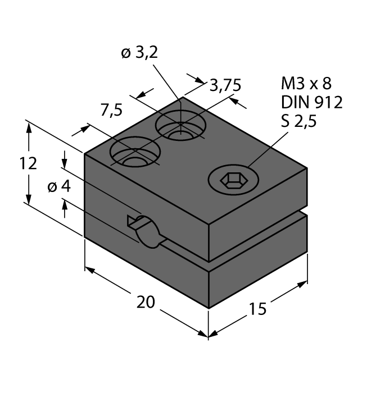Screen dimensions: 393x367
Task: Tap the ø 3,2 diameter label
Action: click(x=139, y=53)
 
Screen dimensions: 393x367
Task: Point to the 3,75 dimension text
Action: click(x=225, y=85)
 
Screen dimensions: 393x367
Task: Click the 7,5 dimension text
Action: click(x=111, y=111)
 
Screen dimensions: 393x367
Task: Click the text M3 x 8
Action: click(x=306, y=84)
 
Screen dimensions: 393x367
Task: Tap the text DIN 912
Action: click(x=311, y=102)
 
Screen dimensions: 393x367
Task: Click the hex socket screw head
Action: click(x=231, y=180)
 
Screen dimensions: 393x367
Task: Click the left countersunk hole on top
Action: click(x=135, y=153)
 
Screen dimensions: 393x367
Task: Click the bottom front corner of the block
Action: click(x=209, y=308)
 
